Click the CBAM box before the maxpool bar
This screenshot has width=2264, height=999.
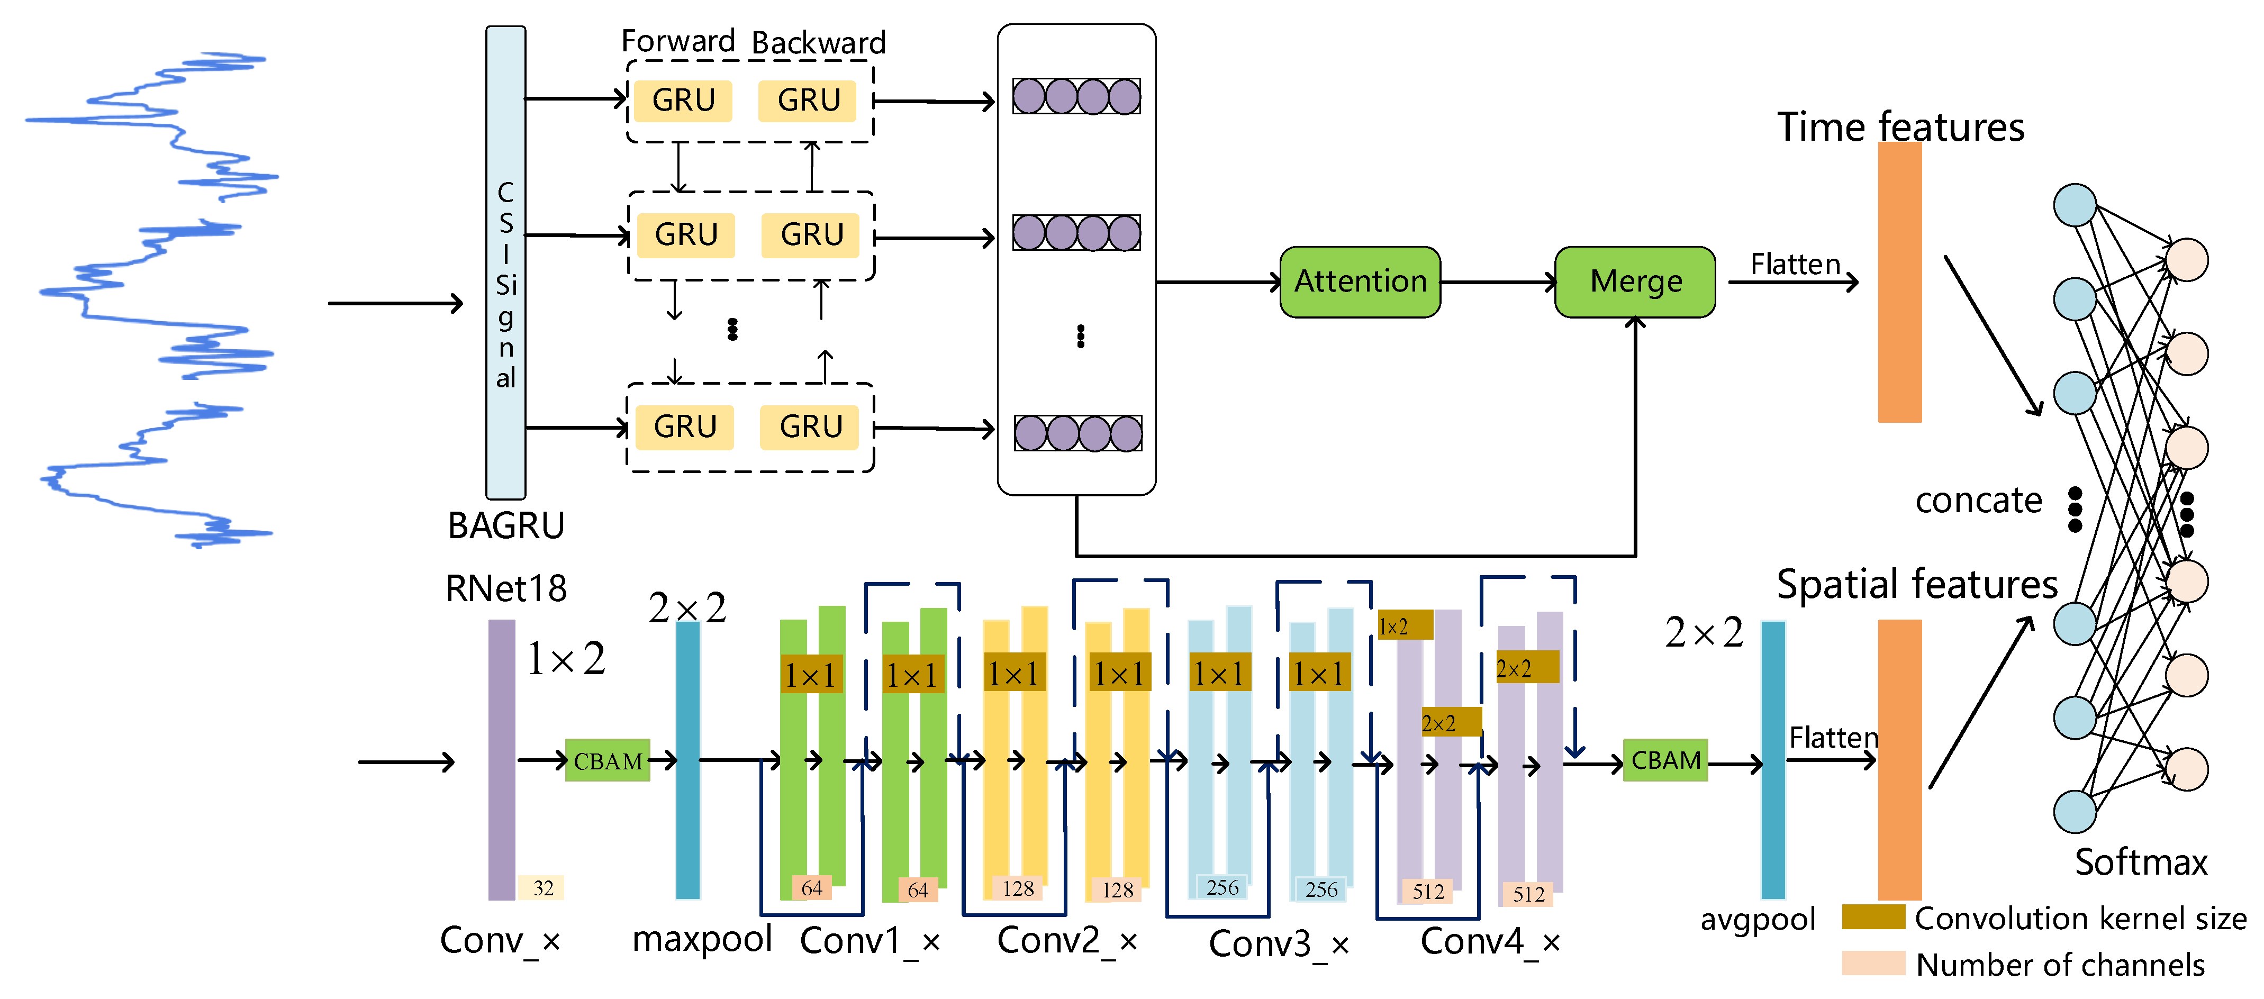click(608, 761)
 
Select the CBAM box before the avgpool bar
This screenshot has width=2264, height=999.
click(1664, 760)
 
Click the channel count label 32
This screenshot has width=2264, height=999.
click(542, 887)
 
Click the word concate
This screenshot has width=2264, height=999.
click(1978, 501)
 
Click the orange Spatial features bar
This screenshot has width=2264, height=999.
click(1899, 760)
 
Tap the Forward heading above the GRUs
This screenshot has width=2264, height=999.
click(677, 41)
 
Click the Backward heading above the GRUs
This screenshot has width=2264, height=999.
click(818, 43)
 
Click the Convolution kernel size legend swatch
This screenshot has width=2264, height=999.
click(1873, 916)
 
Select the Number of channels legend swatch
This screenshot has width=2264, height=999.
click(1873, 963)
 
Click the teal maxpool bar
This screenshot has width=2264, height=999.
click(687, 760)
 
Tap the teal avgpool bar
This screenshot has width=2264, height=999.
click(1773, 760)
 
